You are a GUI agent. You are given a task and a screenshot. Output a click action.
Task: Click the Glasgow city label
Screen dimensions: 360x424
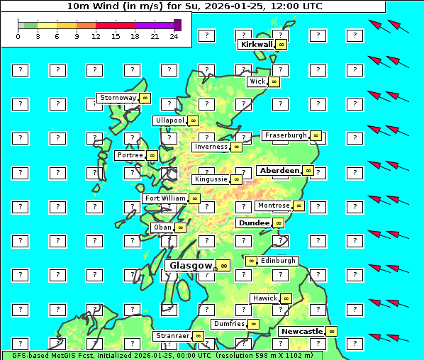[190, 266]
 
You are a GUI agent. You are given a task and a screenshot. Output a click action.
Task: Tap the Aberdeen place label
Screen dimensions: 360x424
[279, 171]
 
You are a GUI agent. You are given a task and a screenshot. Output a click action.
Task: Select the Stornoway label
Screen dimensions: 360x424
[117, 98]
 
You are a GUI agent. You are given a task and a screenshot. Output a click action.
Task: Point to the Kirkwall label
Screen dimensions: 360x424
[256, 44]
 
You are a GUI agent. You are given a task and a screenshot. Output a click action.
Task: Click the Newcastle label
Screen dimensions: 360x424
[301, 331]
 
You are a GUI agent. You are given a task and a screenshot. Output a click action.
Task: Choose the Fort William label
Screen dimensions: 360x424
[164, 198]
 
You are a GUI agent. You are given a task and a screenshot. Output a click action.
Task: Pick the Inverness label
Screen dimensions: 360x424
[211, 147]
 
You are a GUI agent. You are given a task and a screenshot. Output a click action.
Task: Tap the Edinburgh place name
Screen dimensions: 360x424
[278, 261]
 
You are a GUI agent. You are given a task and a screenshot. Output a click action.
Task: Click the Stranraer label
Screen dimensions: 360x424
[172, 336]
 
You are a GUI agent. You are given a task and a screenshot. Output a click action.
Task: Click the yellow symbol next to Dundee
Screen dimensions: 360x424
[279, 223]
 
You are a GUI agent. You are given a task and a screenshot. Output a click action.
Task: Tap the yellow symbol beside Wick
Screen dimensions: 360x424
[274, 81]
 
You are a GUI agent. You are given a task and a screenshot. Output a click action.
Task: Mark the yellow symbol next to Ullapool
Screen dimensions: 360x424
[193, 121]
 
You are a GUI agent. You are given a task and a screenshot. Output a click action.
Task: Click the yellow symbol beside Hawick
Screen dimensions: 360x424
[286, 298]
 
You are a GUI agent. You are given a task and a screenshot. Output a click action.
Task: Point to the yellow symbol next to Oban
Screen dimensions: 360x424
[181, 227]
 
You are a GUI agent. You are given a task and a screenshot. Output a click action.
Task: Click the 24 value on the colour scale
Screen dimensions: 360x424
[174, 36]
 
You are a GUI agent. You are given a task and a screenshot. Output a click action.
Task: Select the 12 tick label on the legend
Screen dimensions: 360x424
[96, 36]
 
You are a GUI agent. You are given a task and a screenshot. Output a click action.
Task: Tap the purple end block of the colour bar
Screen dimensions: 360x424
[177, 25]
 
